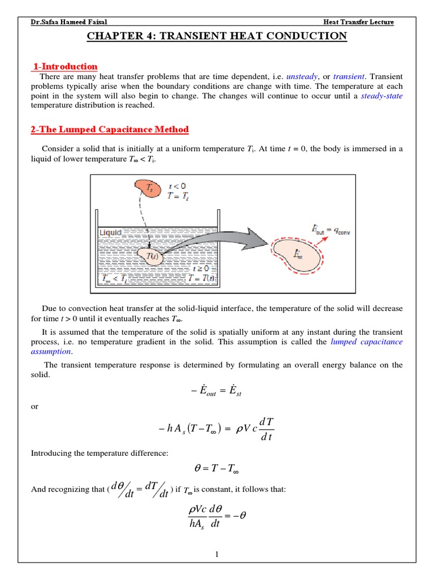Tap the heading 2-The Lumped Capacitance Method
(x=110, y=129)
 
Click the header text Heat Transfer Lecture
(x=358, y=22)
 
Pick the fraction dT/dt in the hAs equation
(x=266, y=430)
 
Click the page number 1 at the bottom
(x=217, y=554)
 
